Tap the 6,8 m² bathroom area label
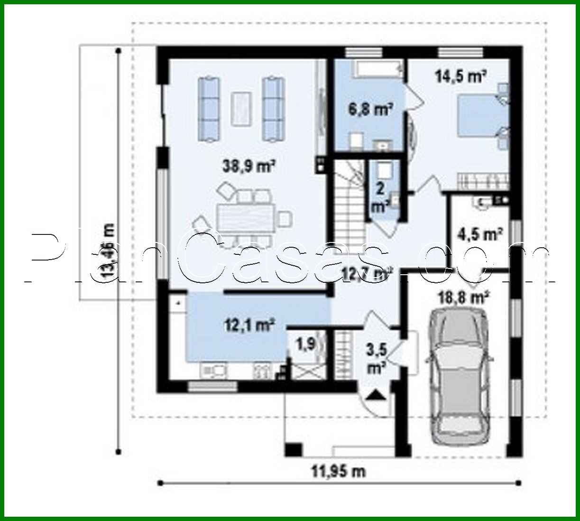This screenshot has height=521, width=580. click(x=370, y=110)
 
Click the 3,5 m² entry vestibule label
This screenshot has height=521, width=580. click(x=377, y=358)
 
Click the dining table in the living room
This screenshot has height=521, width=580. click(x=245, y=219)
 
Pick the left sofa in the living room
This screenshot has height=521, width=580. click(x=209, y=108)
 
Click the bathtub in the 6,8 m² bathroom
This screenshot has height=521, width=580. click(x=377, y=71)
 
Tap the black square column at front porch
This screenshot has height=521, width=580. click(x=293, y=449)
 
